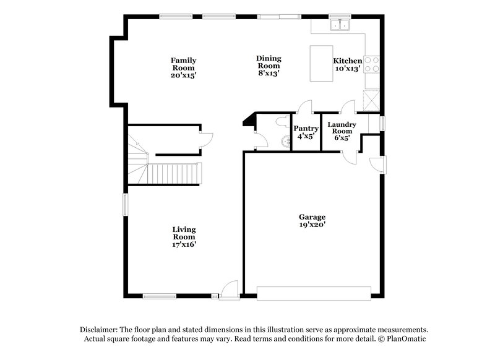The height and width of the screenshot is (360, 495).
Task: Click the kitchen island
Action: tap(321, 62)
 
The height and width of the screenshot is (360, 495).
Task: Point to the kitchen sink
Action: tap(339, 25)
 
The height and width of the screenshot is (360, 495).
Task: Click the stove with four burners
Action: tap(373, 64)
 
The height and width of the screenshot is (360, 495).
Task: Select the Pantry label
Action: tap(305, 132)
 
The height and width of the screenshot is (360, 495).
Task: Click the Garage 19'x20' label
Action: tap(312, 221)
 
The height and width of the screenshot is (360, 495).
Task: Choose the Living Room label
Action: tap(184, 236)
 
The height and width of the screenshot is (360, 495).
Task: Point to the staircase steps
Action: tap(176, 173)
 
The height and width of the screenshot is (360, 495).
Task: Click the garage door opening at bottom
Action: tap(314, 293)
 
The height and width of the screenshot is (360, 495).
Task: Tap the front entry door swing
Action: tap(230, 288)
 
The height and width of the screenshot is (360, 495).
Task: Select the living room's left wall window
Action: tap(124, 205)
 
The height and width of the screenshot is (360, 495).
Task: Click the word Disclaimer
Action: tap(100, 330)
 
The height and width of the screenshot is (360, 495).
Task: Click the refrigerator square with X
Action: tap(372, 100)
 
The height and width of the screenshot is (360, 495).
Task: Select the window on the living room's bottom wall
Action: tap(162, 296)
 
